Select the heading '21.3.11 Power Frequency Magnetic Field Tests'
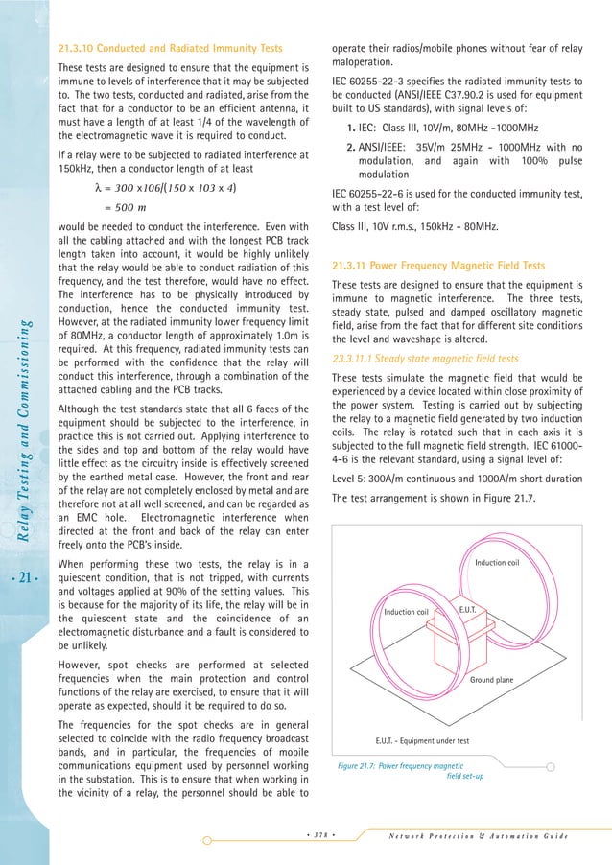pos(437,265)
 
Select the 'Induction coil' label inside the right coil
pos(496,562)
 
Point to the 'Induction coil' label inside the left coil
pos(406,612)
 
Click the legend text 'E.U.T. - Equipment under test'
pos(421,740)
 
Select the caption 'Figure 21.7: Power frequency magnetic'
pos(401,766)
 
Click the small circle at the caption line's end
pos(551,766)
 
